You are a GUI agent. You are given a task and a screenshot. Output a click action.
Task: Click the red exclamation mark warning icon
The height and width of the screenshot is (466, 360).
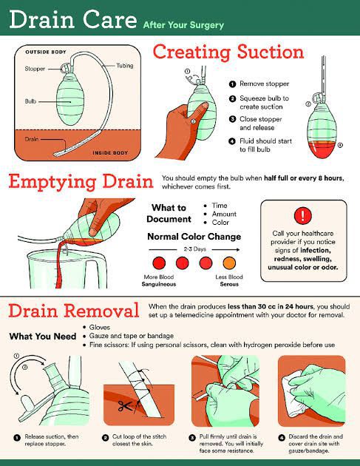(302, 215)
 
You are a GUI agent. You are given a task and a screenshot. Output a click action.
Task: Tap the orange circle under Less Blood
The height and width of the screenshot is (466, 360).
(229, 263)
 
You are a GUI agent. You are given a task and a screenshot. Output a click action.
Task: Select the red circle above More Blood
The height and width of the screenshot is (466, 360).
(159, 263)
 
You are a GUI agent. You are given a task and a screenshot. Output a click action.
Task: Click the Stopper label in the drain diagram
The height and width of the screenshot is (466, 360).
(35, 69)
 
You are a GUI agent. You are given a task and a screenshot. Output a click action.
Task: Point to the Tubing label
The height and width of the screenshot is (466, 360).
(125, 66)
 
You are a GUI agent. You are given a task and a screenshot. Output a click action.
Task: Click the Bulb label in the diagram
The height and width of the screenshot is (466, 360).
(30, 101)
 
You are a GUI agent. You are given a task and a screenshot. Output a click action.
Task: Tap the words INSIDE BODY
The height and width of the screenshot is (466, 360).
(110, 153)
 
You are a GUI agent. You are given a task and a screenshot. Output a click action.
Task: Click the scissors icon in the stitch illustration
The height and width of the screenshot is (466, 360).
(125, 406)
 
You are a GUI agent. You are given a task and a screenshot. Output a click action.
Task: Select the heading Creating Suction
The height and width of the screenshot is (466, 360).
(228, 52)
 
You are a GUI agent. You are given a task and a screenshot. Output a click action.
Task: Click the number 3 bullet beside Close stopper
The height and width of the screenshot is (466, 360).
(232, 119)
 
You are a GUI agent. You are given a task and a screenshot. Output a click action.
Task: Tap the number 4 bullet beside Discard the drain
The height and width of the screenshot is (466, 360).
(282, 437)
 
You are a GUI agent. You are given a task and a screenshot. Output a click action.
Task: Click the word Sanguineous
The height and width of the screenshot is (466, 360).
(159, 284)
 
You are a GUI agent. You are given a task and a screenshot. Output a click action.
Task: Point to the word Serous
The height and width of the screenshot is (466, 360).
(229, 284)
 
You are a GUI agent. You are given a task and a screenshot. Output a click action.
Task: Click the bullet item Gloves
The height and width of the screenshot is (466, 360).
(100, 328)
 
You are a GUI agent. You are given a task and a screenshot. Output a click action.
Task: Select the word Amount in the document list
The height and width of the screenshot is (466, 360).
(224, 214)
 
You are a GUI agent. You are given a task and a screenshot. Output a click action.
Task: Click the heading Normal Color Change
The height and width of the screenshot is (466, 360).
(194, 237)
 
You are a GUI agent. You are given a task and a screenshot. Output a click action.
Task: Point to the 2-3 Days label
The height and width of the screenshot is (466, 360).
(195, 249)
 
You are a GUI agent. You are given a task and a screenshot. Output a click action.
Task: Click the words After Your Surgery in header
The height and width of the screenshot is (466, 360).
(183, 25)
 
